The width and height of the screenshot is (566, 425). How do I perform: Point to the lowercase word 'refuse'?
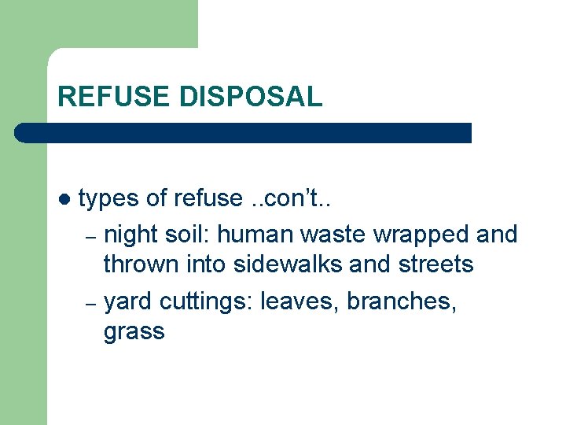(209, 199)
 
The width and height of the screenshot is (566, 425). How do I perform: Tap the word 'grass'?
(134, 332)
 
